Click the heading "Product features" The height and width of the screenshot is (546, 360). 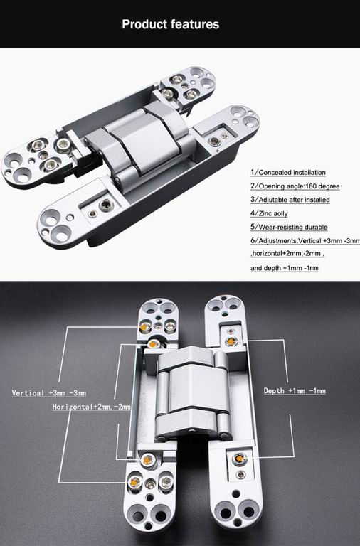click(170, 24)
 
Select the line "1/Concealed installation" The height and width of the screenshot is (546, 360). click(288, 173)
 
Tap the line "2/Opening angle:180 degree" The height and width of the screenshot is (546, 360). click(295, 186)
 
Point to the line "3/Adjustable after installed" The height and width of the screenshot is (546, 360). click(290, 200)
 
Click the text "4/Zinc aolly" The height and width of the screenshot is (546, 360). click(270, 213)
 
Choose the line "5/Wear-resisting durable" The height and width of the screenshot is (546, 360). click(289, 227)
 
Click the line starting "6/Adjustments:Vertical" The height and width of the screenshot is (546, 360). click(305, 241)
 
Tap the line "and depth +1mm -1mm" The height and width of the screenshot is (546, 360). click(284, 268)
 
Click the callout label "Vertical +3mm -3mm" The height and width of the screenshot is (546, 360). click(49, 392)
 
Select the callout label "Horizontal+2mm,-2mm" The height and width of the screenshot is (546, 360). click(92, 407)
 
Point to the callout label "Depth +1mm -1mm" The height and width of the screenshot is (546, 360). click(295, 391)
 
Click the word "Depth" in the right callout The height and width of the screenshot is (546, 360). click(274, 391)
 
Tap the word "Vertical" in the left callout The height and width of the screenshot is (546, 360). click(29, 392)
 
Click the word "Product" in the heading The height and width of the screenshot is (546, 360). click(146, 24)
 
